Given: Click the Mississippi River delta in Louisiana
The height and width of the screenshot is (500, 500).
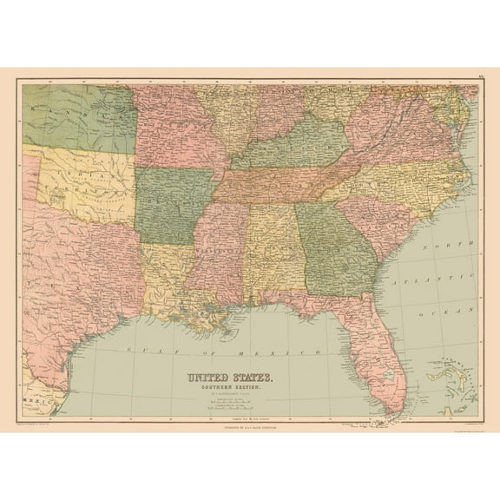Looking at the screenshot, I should (228, 331).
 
